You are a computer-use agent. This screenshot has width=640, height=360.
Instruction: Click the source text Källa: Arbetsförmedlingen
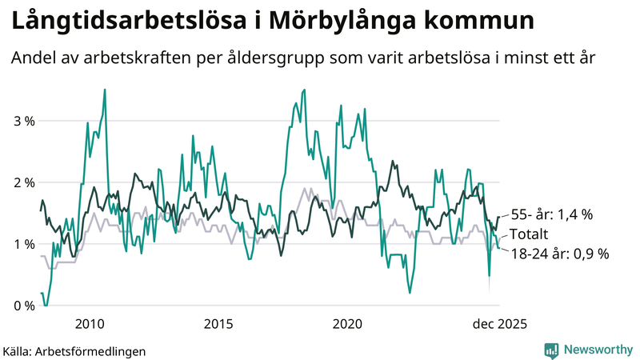[74, 350]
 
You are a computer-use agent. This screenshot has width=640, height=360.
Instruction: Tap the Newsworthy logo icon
[551, 350]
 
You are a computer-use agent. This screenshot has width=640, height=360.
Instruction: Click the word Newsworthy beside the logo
[597, 350]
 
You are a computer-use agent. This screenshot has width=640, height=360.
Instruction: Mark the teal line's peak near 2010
[105, 90]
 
